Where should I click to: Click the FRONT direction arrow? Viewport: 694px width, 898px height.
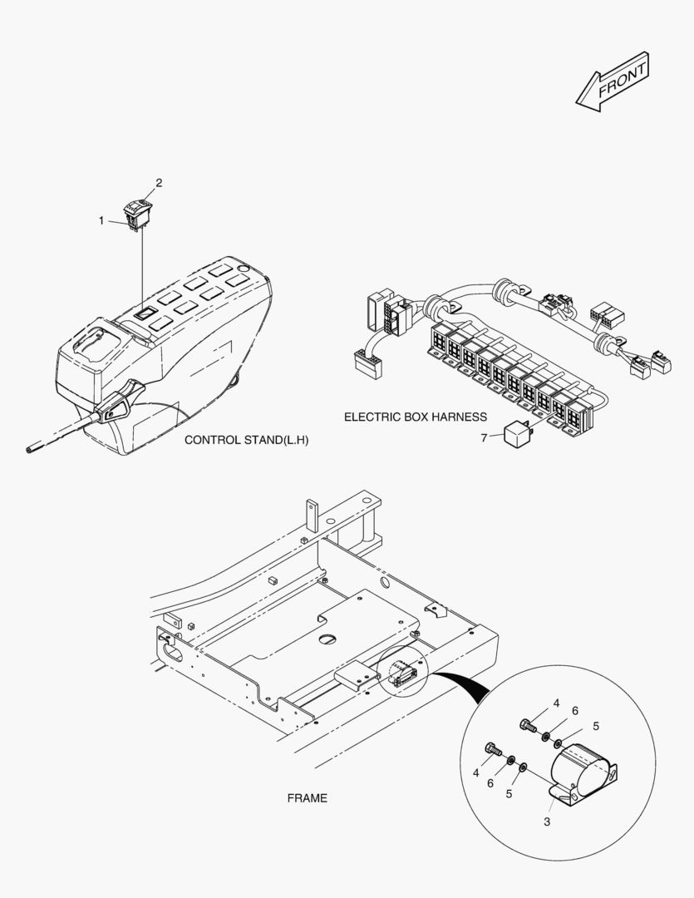click(613, 81)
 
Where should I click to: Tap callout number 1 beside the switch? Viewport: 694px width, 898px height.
click(101, 220)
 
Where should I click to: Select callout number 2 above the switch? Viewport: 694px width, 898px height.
click(160, 183)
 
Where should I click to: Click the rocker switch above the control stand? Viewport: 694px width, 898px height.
click(137, 214)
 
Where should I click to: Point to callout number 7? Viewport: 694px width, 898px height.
click(484, 438)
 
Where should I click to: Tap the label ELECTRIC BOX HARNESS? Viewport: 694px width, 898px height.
click(415, 417)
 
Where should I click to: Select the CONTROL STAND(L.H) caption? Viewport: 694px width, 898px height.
click(246, 440)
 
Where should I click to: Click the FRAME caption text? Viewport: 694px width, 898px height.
click(307, 797)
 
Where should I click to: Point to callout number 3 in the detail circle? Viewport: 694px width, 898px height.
click(547, 822)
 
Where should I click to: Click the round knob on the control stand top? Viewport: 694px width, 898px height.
click(242, 268)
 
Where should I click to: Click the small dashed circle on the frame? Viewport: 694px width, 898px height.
click(404, 671)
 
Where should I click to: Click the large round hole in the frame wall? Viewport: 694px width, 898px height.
click(384, 583)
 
